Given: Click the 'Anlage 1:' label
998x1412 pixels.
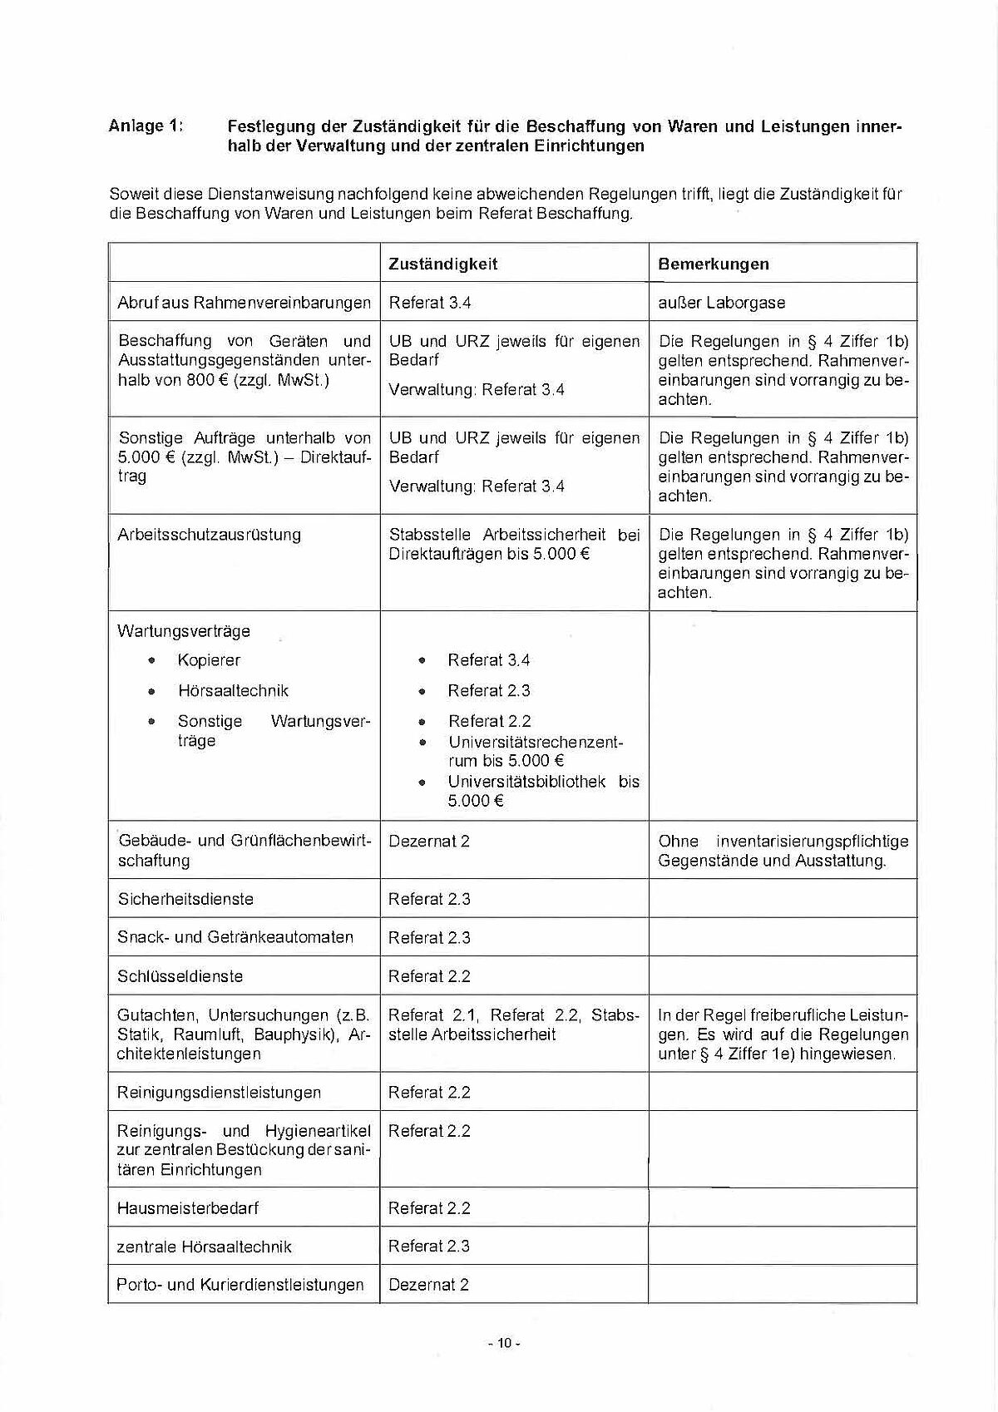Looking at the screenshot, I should (146, 126).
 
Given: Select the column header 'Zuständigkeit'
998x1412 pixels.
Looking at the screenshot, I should (442, 264).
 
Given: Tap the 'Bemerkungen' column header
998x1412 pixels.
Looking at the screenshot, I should (713, 264).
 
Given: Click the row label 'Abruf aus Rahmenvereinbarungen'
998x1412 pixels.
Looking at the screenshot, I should (244, 303).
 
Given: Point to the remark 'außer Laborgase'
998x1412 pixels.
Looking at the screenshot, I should (721, 303).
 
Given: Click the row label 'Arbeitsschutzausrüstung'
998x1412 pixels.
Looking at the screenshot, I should (209, 535).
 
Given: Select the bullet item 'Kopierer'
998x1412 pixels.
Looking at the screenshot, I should (209, 660).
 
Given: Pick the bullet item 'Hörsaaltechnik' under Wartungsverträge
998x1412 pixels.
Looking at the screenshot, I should (233, 691).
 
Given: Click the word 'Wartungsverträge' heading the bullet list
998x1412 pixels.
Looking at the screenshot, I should (184, 631).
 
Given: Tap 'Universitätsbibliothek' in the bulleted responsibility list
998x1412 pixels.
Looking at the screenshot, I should (526, 782).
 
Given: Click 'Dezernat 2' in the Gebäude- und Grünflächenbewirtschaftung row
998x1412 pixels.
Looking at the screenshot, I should (428, 842).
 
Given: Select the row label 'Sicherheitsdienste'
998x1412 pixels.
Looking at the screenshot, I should (185, 899).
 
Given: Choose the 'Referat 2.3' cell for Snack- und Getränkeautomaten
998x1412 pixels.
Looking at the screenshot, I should (429, 938).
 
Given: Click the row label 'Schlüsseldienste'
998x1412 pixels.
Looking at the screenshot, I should (180, 976).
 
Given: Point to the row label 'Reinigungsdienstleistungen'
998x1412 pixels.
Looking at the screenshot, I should (219, 1093).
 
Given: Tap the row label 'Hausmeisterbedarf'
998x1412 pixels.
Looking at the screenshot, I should (187, 1208).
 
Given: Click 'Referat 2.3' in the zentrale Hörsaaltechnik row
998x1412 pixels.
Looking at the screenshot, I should (429, 1247).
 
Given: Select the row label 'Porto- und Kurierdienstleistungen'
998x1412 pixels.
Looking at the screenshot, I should (240, 1285).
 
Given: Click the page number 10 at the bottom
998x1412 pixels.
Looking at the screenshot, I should (504, 1343).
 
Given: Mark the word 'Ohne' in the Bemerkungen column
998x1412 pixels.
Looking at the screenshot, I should (678, 842).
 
